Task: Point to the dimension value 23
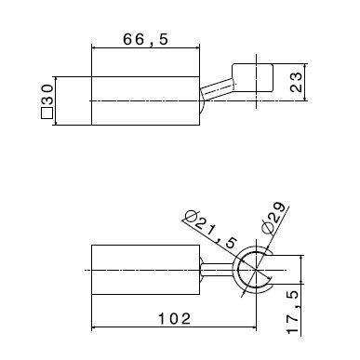tap(297, 83)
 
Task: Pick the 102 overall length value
tap(173, 319)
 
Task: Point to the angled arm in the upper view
tap(217, 91)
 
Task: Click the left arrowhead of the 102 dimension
tap(95, 327)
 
